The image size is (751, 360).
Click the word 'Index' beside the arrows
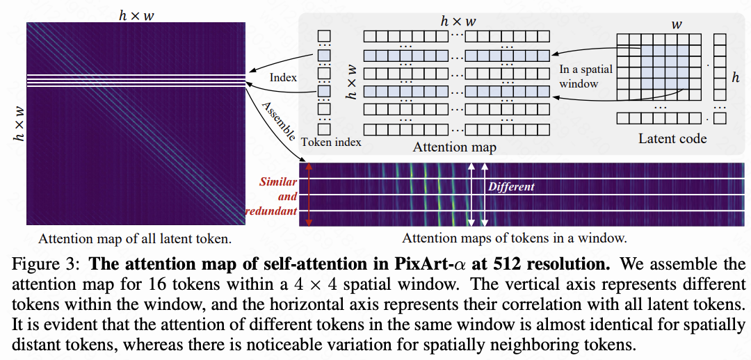283,77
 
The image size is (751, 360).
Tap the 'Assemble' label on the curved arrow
278,120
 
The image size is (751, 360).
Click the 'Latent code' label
672,139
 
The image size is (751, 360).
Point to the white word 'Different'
511,186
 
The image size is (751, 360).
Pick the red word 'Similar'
278,182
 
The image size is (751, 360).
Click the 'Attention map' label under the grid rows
454,147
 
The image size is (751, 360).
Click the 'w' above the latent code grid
675,25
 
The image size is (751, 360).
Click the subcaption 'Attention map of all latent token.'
135,239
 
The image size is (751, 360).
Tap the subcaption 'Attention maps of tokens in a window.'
515,238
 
